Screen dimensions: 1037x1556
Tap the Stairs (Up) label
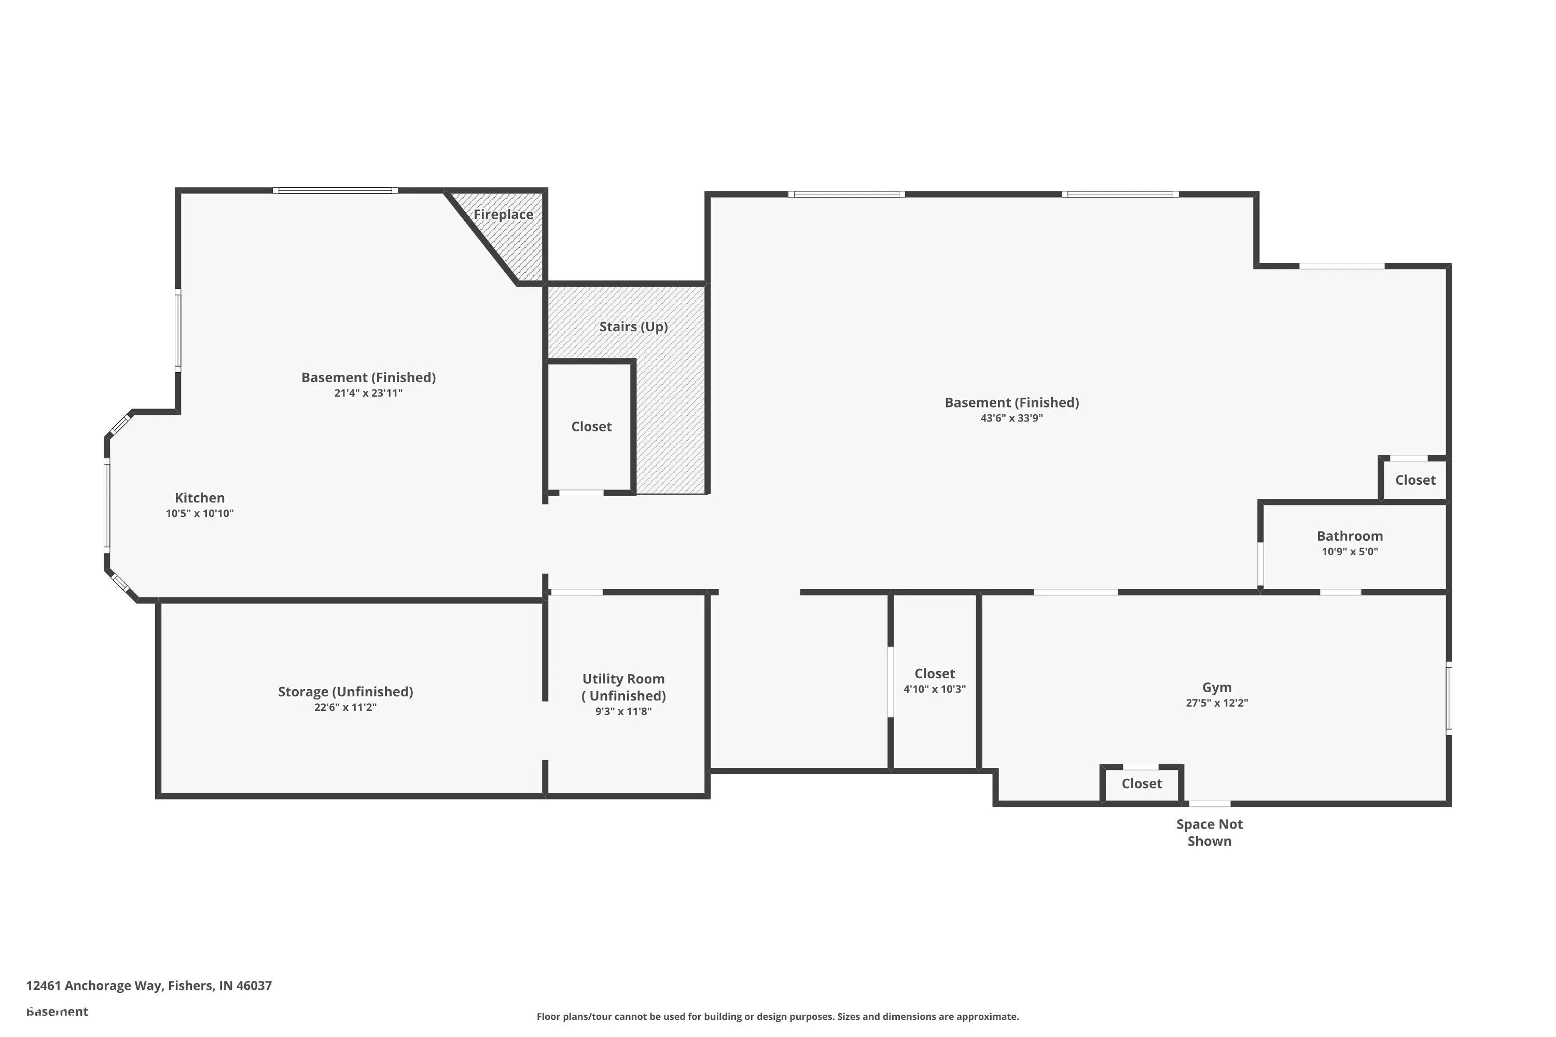[x=633, y=327]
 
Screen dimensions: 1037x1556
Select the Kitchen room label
[x=199, y=498]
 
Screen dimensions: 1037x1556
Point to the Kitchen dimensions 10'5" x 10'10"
[x=199, y=514]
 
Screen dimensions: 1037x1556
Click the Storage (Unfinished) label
[x=345, y=692]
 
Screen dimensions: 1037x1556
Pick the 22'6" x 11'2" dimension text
[x=345, y=708]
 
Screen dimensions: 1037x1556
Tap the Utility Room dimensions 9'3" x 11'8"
[x=623, y=711]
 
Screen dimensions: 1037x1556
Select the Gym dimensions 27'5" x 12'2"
[x=1217, y=703]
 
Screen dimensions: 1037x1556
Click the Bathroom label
[x=1350, y=536]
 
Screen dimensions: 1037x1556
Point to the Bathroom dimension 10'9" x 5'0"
[x=1350, y=552]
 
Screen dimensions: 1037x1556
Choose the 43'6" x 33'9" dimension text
[x=1011, y=418]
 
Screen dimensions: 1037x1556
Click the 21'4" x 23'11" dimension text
[x=368, y=394]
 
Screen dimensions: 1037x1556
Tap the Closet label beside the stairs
[x=591, y=427]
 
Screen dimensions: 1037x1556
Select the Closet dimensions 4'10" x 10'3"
[x=934, y=689]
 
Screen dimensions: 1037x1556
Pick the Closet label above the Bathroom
[x=1415, y=480]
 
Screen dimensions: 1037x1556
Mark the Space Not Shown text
[x=1210, y=833]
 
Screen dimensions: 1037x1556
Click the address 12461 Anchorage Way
[x=149, y=986]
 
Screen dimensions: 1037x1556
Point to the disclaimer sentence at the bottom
[x=777, y=1016]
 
